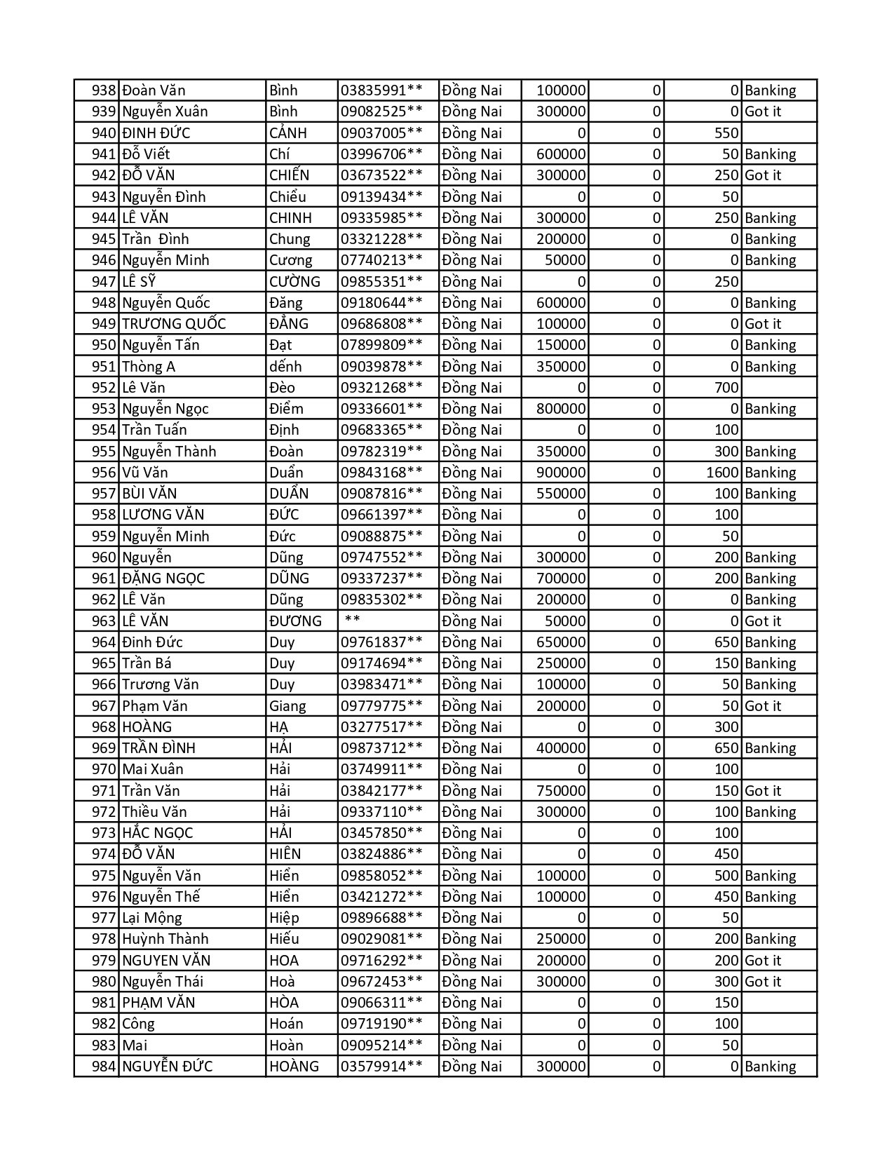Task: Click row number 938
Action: (104, 90)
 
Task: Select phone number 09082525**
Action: (381, 111)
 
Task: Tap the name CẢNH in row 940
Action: (288, 133)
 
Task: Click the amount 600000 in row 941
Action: (561, 154)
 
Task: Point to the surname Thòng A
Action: (149, 367)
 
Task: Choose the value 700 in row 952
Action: (726, 388)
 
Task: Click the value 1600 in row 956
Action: (722, 473)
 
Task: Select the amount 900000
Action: (561, 473)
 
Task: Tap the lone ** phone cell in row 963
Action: (353, 621)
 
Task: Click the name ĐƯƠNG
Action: (295, 621)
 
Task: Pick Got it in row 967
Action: (763, 706)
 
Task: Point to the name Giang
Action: (287, 706)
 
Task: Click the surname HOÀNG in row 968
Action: (147, 727)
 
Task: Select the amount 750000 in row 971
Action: (561, 791)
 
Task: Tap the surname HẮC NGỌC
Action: (157, 833)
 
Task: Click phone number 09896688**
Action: (381, 918)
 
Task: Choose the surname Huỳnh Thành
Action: (165, 939)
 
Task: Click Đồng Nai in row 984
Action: (472, 1067)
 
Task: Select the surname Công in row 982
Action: (138, 1024)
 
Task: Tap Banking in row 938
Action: (771, 90)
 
